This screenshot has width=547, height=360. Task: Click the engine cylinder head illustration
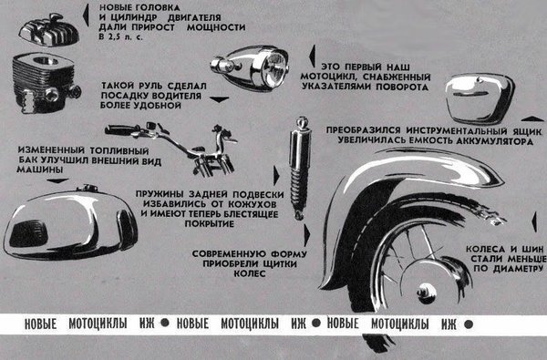click(49, 31)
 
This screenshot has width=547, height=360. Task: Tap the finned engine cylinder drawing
click(46, 83)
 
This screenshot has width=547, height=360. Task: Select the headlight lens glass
click(273, 67)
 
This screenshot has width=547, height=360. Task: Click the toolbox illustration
click(480, 98)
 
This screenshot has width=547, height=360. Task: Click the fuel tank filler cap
click(87, 188)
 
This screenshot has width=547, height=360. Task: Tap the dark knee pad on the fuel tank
click(28, 233)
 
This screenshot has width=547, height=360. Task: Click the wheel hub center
click(427, 291)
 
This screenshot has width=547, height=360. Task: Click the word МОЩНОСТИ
click(216, 27)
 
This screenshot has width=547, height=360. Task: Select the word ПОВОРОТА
click(402, 87)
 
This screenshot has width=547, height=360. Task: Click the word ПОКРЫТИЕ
click(210, 223)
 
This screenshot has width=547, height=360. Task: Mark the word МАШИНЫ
click(39, 170)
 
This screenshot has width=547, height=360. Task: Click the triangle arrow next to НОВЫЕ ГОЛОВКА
click(86, 15)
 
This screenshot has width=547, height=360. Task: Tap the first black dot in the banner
click(165, 323)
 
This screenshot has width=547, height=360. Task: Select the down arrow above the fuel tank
click(57, 181)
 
